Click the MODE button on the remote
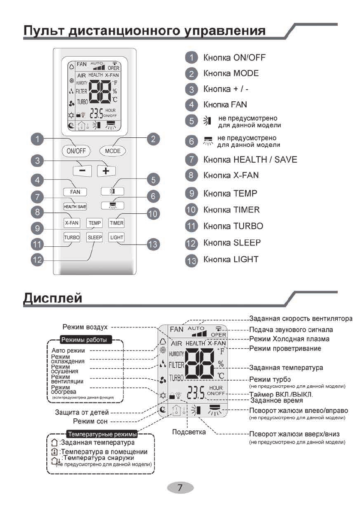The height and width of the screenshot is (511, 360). (112, 151)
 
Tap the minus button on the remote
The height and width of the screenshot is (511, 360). (82, 170)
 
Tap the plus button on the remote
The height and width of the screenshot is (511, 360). (106, 170)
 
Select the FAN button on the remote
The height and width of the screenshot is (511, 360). (75, 192)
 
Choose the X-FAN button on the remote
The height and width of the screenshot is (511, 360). (72, 223)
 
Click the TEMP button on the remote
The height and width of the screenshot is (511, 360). (94, 223)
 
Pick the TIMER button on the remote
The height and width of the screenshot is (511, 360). (116, 223)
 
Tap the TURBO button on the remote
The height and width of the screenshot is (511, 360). (72, 237)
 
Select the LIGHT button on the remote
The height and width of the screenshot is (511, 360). (116, 237)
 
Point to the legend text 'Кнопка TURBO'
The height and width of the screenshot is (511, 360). (233, 226)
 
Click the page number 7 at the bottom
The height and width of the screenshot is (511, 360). (180, 487)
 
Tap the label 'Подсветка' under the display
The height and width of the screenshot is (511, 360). (189, 432)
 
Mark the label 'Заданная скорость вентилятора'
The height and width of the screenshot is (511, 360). (301, 319)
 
